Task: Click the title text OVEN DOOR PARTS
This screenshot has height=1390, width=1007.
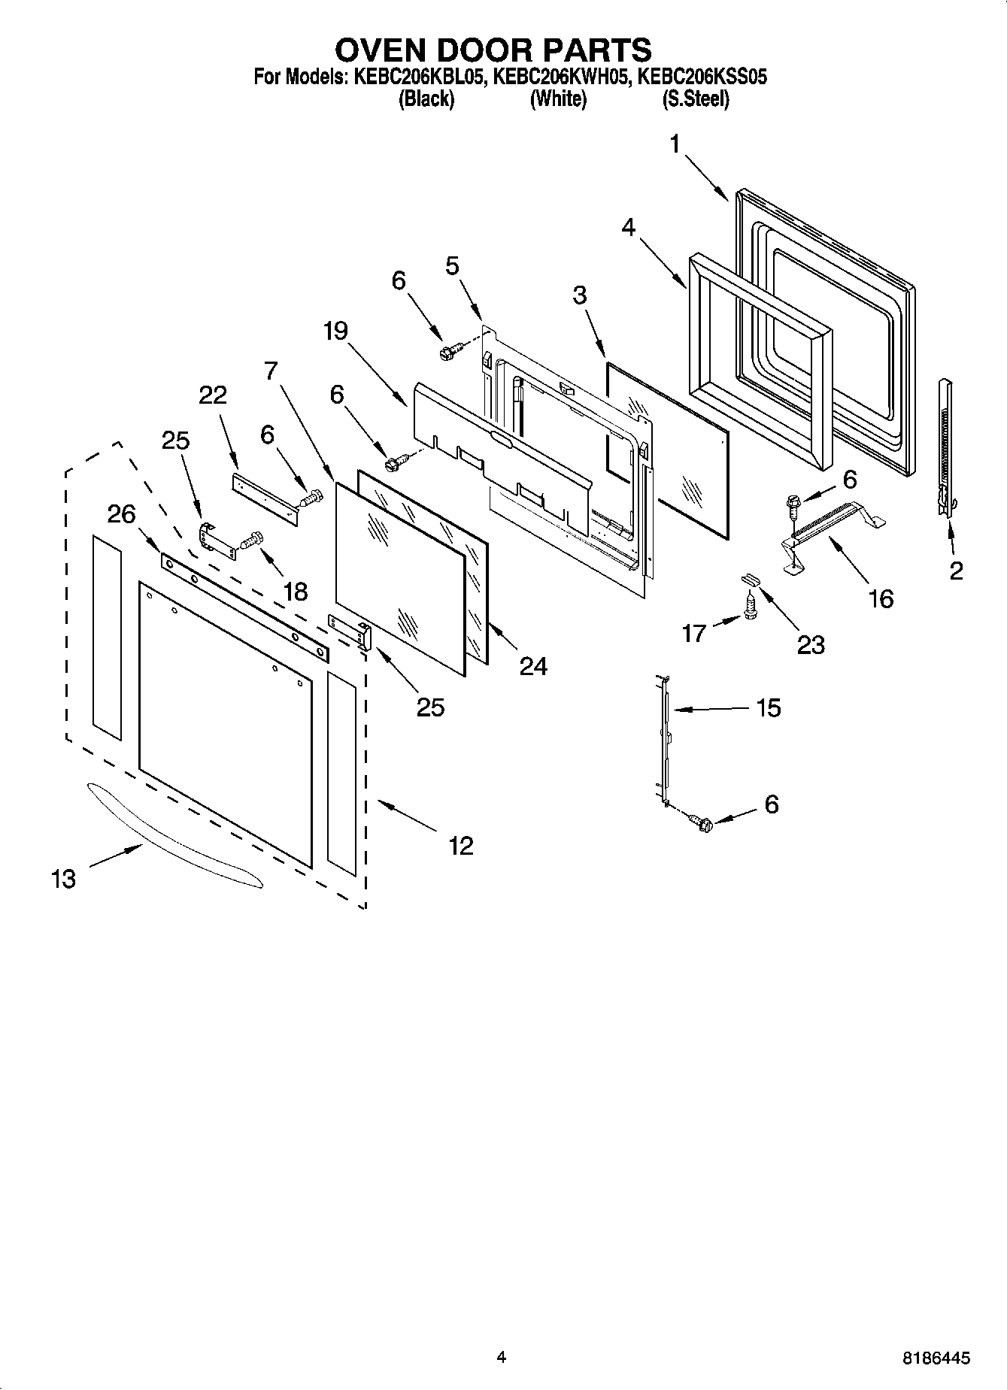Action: (493, 50)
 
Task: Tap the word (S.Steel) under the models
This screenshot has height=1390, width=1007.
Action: (695, 98)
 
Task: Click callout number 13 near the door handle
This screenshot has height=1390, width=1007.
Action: (64, 878)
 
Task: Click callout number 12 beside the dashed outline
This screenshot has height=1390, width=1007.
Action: (461, 846)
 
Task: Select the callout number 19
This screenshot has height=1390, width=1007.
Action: (336, 331)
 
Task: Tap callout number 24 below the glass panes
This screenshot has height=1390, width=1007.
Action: (533, 665)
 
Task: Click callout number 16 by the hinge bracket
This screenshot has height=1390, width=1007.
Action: (881, 598)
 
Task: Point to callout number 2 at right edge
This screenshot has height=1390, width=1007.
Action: (956, 571)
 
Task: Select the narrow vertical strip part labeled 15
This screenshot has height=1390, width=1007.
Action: (665, 740)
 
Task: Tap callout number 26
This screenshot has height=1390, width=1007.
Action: (121, 514)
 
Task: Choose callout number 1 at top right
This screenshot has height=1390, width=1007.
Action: (675, 143)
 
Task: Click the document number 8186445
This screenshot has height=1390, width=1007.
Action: (936, 1358)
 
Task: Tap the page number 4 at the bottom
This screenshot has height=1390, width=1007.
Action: (502, 1357)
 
